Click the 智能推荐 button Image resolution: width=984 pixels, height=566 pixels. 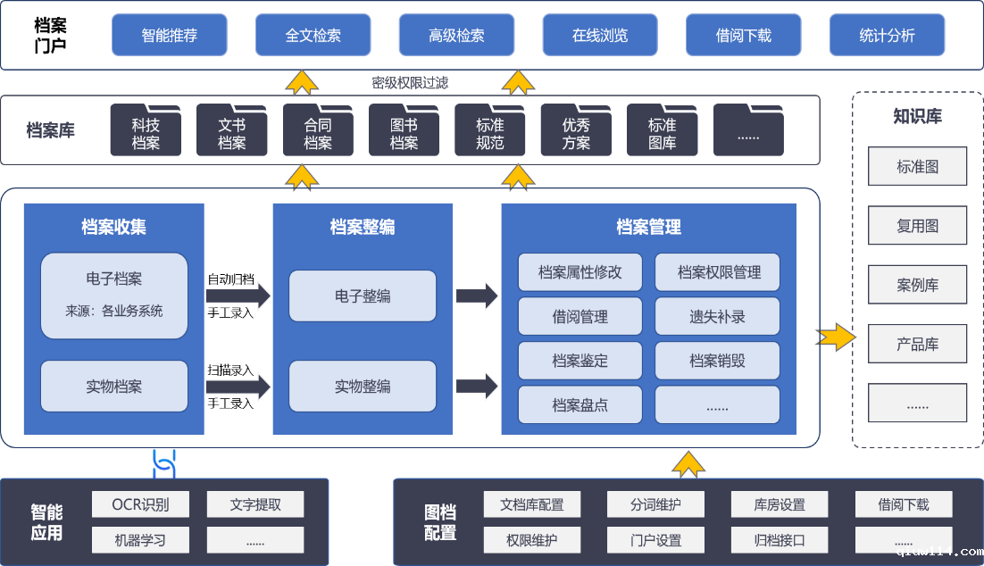[x=170, y=36]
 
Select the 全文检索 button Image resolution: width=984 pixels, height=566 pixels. [x=313, y=36]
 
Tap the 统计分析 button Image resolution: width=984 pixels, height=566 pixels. [x=887, y=36]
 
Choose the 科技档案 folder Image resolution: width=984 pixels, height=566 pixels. [x=146, y=133]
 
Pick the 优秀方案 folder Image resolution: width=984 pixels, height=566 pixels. [x=576, y=133]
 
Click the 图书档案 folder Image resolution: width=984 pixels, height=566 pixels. [x=404, y=133]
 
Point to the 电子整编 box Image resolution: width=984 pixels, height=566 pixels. [x=363, y=295]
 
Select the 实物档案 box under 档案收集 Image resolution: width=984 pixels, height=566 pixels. [x=114, y=387]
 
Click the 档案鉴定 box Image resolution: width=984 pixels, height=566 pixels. [x=580, y=361]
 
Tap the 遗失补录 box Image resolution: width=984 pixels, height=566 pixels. [x=717, y=316]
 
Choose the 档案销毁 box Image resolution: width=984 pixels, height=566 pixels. [x=717, y=361]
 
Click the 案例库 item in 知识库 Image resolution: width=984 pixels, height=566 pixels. [x=917, y=286]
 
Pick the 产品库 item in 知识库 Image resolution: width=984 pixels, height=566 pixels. [x=917, y=345]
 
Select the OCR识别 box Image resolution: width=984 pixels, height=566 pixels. [x=140, y=504]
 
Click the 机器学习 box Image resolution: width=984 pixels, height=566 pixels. [x=140, y=539]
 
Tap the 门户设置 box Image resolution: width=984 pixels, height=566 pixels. [x=655, y=539]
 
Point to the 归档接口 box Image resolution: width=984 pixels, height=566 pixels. [x=780, y=539]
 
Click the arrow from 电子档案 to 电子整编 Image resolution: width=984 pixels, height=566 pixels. [x=238, y=295]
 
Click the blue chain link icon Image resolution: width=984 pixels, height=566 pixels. [x=164, y=462]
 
